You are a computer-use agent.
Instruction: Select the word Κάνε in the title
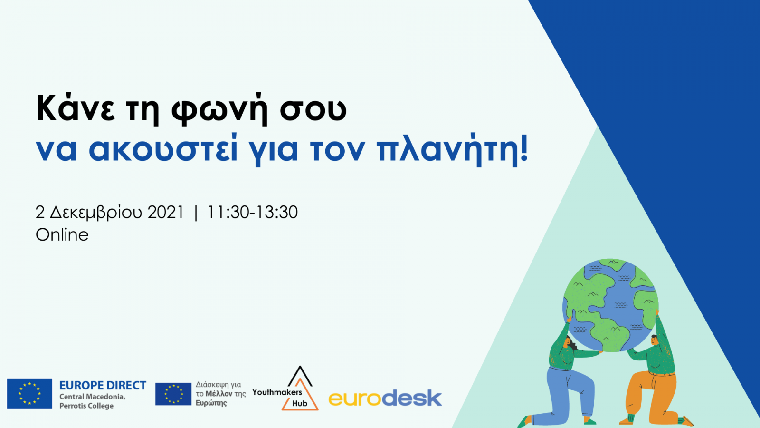point(76,107)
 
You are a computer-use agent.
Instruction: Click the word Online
point(62,235)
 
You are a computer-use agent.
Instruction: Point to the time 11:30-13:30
point(252,212)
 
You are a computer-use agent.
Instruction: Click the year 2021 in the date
point(166,212)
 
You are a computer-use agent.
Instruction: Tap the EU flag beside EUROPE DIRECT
point(29,393)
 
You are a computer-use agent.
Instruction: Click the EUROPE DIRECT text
point(103,386)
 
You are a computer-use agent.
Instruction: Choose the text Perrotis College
point(86,406)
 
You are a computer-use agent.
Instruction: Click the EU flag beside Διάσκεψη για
point(173,394)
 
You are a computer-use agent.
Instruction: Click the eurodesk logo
point(385,398)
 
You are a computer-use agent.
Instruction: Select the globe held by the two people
point(611,305)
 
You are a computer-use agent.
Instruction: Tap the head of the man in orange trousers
point(655,340)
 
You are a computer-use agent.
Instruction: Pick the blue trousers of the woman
point(570,394)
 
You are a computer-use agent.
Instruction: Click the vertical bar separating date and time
point(195,213)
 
